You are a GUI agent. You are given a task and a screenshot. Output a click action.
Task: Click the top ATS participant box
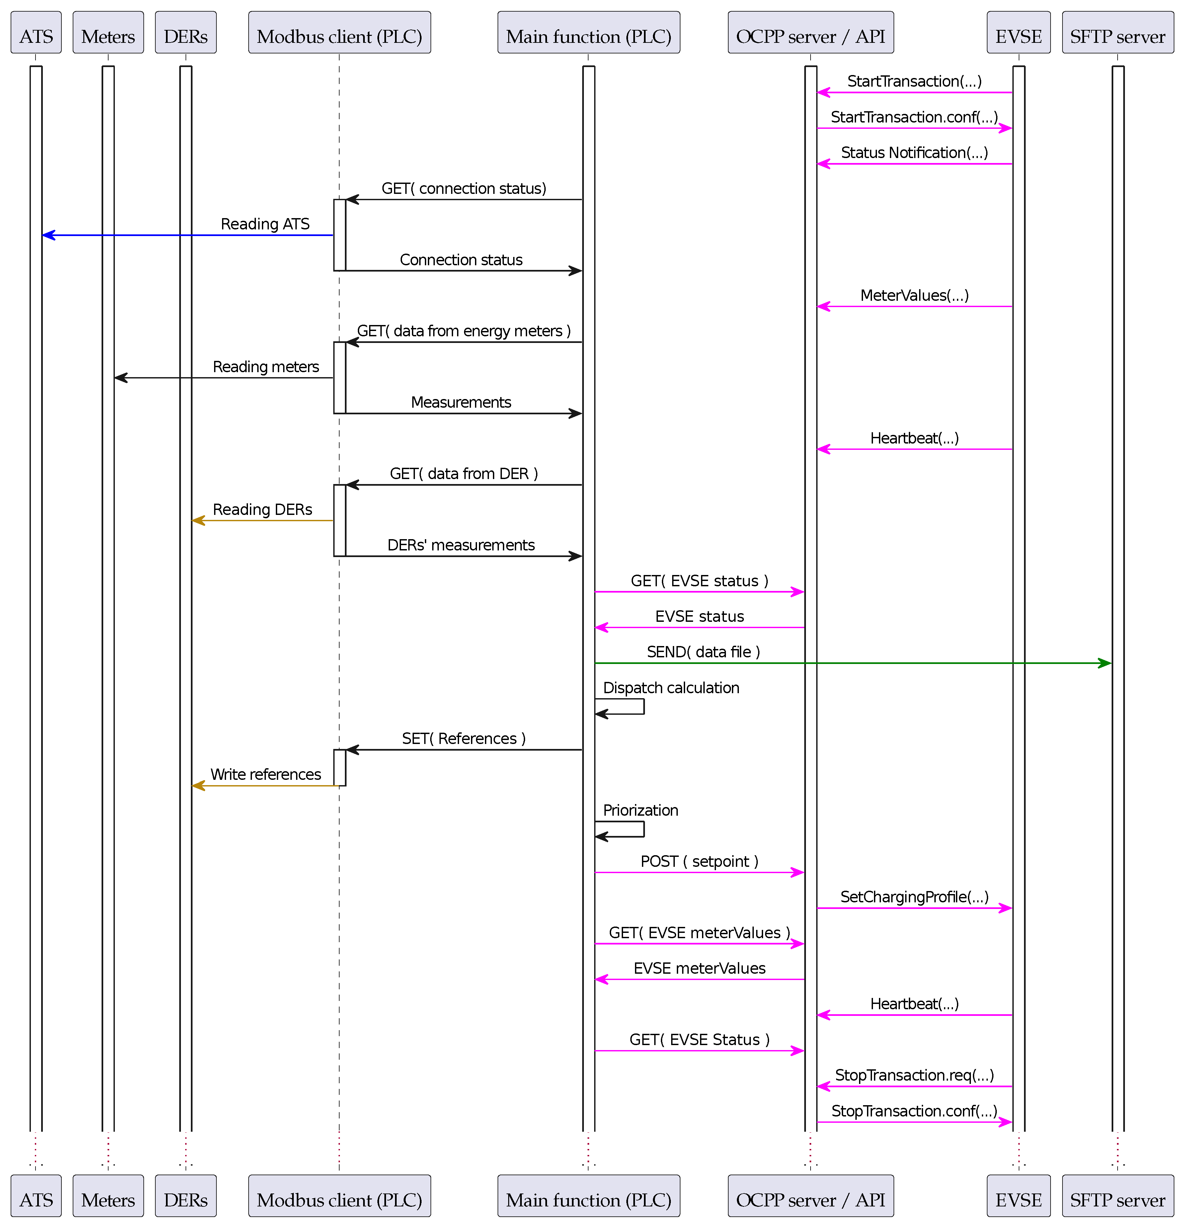(x=36, y=33)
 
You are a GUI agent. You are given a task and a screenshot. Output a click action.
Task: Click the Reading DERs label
(x=262, y=510)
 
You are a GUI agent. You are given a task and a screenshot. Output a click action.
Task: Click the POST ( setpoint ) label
(x=699, y=861)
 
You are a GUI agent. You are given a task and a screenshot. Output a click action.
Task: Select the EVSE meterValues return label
(x=699, y=968)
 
